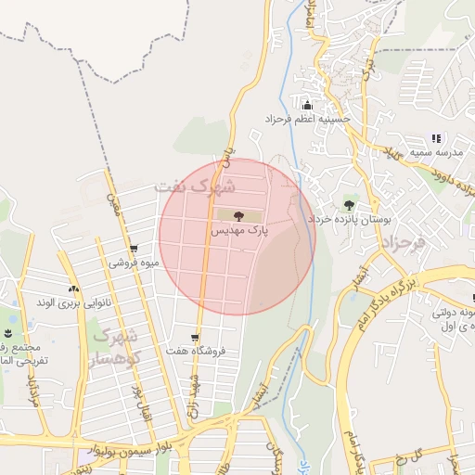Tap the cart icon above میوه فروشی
(x=135, y=249)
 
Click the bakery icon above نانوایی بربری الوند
(x=73, y=289)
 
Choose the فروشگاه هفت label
(x=203, y=352)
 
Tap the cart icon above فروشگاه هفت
(x=195, y=338)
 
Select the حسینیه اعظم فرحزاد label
(x=307, y=120)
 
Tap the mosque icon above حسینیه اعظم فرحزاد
(x=308, y=105)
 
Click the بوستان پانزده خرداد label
(x=356, y=220)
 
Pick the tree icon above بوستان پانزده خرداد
(x=349, y=205)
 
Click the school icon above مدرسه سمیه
(x=436, y=138)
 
